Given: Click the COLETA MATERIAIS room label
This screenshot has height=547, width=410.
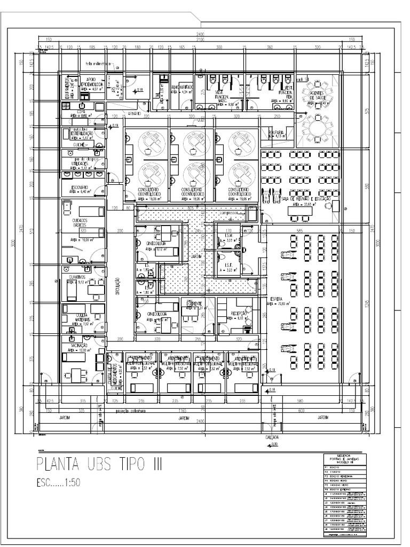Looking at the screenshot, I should point(78,316).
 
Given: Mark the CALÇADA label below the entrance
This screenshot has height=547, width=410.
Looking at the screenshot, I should point(272,436).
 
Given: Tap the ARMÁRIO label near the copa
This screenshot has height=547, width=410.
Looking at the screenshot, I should point(133,113).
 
